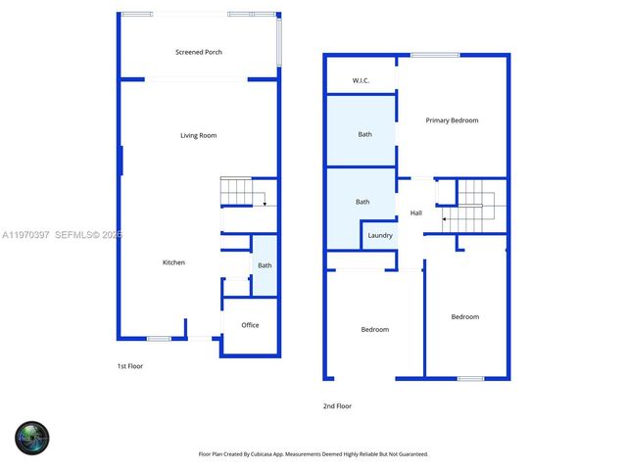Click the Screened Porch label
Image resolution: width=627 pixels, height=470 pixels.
(x=198, y=52)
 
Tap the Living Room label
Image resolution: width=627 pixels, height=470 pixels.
(x=198, y=135)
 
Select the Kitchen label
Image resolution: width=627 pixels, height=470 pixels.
(x=173, y=262)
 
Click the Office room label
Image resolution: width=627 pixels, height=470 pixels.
(x=250, y=325)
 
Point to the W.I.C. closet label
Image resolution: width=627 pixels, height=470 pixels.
(x=360, y=80)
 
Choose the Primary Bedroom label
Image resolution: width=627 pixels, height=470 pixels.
(x=452, y=120)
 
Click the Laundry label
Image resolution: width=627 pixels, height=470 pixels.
(x=380, y=235)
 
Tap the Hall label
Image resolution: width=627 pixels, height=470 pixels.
(x=415, y=212)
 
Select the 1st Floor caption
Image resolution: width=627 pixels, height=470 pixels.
(x=129, y=366)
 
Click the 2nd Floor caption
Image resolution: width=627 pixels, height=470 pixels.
(x=337, y=405)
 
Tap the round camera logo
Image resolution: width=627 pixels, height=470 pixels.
(x=31, y=437)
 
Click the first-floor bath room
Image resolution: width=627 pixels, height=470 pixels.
(x=265, y=265)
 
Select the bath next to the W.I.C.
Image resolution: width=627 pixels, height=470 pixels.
(x=364, y=134)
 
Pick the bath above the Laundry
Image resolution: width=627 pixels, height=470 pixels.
(x=362, y=202)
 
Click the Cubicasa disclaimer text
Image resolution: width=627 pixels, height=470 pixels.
(x=313, y=454)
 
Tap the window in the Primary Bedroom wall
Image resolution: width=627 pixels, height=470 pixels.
(x=435, y=55)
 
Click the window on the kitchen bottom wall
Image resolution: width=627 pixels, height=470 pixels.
(x=159, y=339)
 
